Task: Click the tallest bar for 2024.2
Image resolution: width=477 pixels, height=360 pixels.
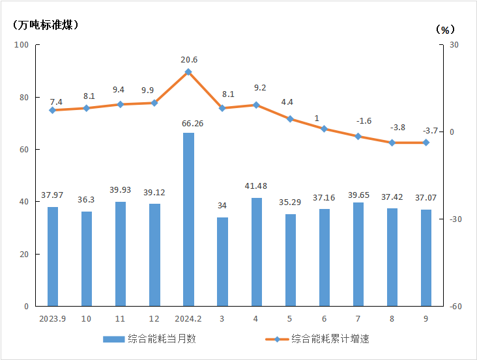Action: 188,219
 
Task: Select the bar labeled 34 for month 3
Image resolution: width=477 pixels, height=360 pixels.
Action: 222,262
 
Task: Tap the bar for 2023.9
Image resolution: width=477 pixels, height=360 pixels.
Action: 53,256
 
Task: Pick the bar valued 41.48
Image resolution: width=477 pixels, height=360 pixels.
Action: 256,252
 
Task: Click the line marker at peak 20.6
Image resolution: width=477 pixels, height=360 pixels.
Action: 188,72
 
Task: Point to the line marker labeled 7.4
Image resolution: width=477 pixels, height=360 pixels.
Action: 53,110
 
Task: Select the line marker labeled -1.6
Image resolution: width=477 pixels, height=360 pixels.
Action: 358,136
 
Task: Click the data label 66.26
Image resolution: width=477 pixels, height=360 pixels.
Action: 188,123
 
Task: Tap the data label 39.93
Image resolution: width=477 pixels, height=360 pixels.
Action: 121,190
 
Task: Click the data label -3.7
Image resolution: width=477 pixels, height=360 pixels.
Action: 426,130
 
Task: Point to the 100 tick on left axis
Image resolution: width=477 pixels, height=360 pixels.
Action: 22,45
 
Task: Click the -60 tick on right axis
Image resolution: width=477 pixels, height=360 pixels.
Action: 455,307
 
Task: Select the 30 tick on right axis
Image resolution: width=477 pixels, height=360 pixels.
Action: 454,45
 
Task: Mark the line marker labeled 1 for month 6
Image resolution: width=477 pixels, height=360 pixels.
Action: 324,129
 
